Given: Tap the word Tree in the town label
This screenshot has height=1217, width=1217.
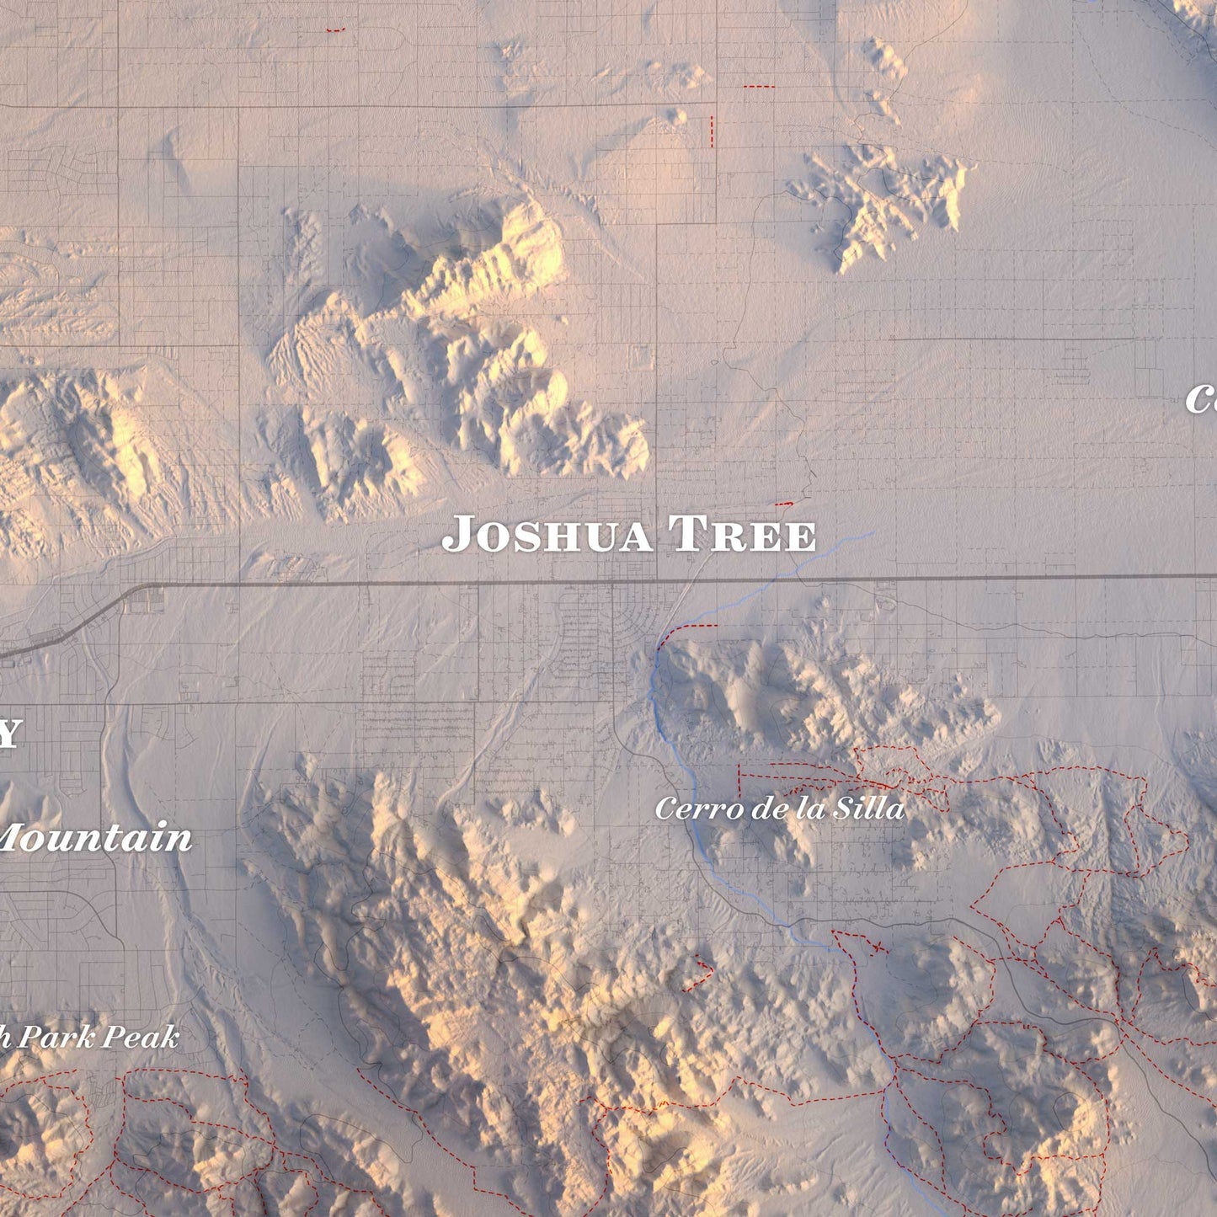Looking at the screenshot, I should pyautogui.click(x=742, y=536).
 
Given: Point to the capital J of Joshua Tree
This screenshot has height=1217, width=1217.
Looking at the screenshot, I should pyautogui.click(x=457, y=536).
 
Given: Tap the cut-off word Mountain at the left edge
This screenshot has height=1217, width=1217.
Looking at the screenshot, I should pyautogui.click(x=96, y=839).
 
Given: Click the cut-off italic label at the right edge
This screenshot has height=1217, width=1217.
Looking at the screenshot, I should pyautogui.click(x=1203, y=399).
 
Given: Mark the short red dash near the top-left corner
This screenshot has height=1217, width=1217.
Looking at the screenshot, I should pyautogui.click(x=335, y=30).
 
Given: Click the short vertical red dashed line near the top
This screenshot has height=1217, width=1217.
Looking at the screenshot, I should pyautogui.click(x=712, y=132).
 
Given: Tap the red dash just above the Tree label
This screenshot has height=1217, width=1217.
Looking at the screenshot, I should pyautogui.click(x=783, y=504).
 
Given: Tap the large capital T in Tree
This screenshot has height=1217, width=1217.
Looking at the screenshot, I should pyautogui.click(x=685, y=536).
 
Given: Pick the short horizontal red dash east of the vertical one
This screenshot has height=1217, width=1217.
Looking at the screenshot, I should pyautogui.click(x=758, y=87).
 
